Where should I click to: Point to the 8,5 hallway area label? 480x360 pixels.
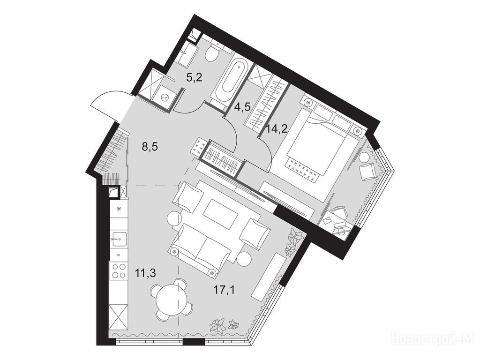pos(150,147)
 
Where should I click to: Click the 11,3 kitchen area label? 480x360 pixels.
pos(145,273)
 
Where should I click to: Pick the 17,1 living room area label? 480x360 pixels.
pos(225,290)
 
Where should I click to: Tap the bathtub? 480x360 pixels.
pos(230,79)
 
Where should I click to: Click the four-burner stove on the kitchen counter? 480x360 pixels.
pos(119,270)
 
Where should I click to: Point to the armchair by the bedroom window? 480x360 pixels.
pos(367,172)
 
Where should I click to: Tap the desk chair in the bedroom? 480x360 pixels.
pos(340,212)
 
